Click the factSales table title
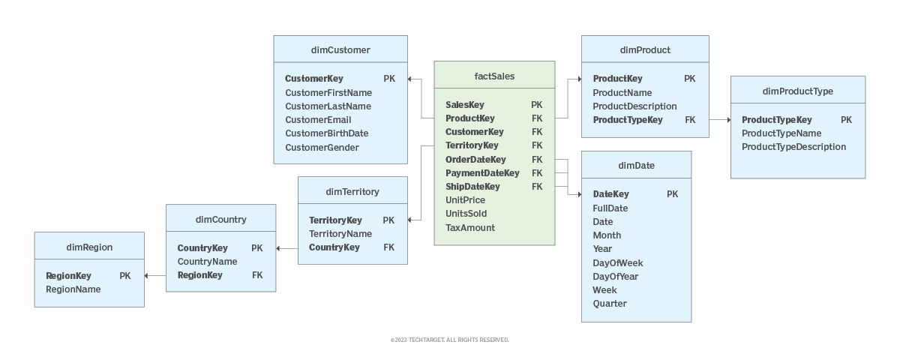[x=494, y=76]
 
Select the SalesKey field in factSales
[x=465, y=105]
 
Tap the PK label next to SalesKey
[x=537, y=105]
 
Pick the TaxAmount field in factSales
[x=470, y=228]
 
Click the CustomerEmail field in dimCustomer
[x=318, y=120]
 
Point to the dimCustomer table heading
[x=340, y=50]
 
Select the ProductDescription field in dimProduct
[x=634, y=106]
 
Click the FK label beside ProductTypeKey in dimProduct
[x=690, y=120]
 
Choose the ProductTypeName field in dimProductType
[x=781, y=133]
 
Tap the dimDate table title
[x=636, y=166]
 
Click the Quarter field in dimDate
[x=610, y=304]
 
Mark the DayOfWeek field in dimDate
[x=618, y=263]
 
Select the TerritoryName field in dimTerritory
[x=340, y=234]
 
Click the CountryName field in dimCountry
[x=207, y=262]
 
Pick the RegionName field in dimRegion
[x=73, y=289]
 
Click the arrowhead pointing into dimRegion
[x=147, y=276]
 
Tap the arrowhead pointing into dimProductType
[x=727, y=120]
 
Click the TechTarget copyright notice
[x=450, y=340]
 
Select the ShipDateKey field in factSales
[x=472, y=187]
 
